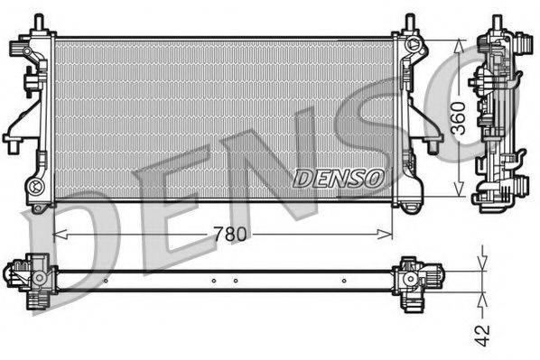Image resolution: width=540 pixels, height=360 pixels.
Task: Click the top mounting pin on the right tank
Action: [x=409, y=20]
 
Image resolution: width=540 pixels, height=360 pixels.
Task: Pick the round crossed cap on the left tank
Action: [x=37, y=187]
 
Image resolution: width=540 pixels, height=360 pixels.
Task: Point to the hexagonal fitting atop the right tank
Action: [x=414, y=45]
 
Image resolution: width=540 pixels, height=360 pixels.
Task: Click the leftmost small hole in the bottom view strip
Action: [x=106, y=281]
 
